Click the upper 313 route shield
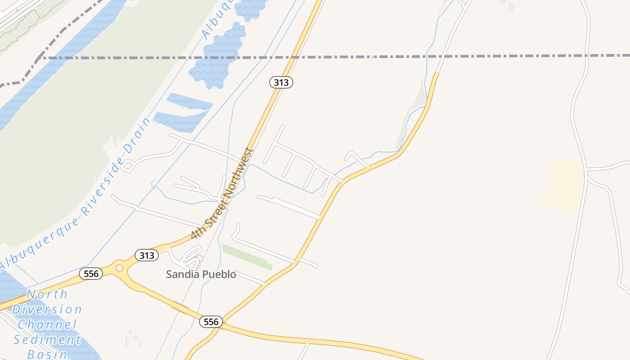[x=281, y=82]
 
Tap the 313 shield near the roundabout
[x=147, y=256]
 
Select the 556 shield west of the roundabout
[x=91, y=274]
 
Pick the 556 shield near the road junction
[x=211, y=322]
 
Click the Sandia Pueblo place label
[x=201, y=274]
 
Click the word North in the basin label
[x=47, y=295]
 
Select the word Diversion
[x=47, y=310]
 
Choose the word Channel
[x=47, y=324]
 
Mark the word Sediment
[x=47, y=340]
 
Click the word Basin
[x=47, y=354]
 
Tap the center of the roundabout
[x=119, y=268]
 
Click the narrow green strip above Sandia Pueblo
[x=247, y=257]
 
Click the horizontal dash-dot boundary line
[x=360, y=57]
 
